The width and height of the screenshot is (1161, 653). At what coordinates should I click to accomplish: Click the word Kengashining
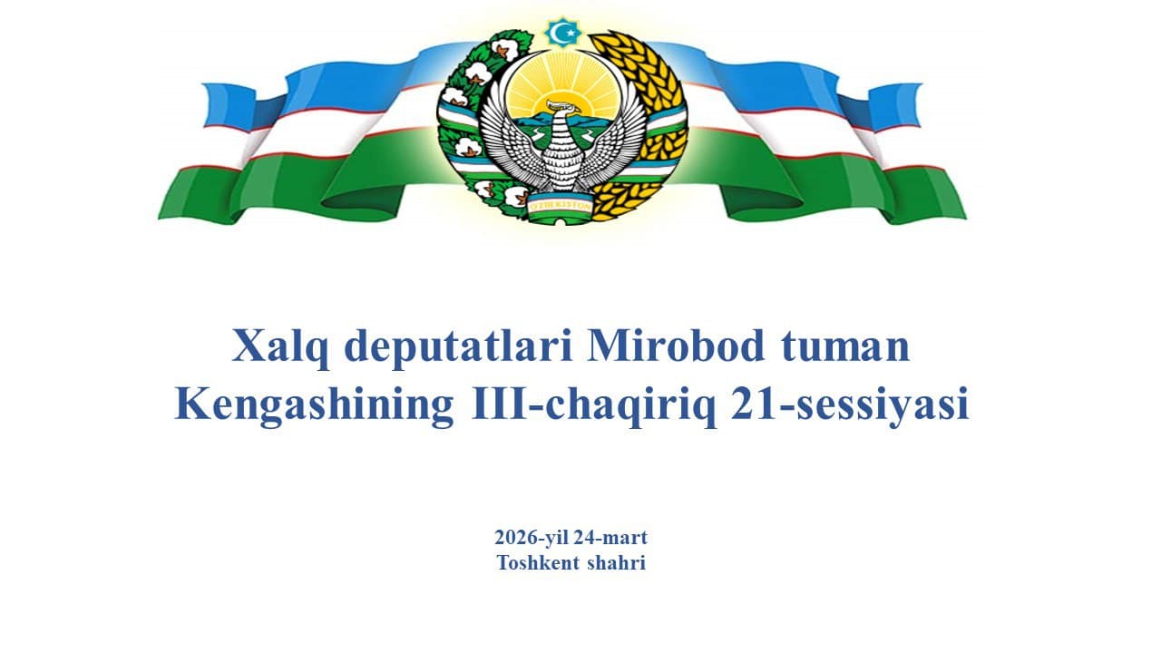tap(314, 405)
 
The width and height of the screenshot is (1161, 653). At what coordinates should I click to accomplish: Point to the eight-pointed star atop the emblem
tap(561, 33)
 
